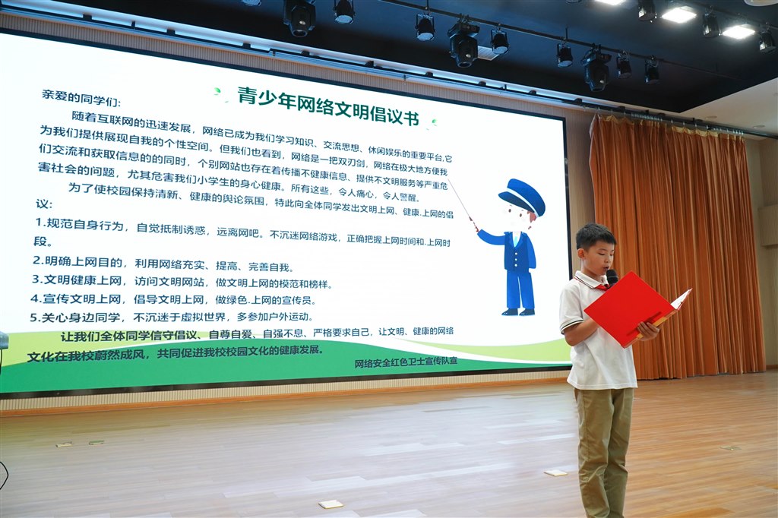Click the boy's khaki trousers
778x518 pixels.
tap(605, 447)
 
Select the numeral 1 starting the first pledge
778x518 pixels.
tap(39, 222)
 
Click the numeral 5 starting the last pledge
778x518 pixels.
tap(33, 317)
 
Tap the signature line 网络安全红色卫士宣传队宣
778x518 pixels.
tap(406, 362)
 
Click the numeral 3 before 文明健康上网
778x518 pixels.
tap(36, 279)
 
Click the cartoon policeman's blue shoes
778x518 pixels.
tap(518, 311)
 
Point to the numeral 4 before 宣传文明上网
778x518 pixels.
tap(35, 298)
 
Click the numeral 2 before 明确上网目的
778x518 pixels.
tap(36, 260)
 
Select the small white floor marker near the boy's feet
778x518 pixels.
tap(555, 473)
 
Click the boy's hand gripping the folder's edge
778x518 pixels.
tap(648, 330)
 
